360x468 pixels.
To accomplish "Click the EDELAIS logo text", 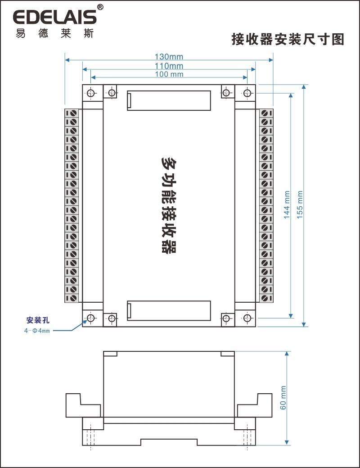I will pos(54,17).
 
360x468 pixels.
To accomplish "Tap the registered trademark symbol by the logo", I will pos(100,7).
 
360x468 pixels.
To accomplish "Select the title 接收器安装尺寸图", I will pos(288,39).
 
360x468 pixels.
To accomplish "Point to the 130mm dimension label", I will pos(169,57).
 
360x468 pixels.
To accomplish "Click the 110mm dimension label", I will pos(169,66).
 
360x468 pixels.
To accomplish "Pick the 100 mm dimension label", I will pos(169,74).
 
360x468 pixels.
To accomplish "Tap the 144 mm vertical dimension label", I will pos(287,205).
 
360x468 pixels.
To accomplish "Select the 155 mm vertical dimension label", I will pos(300,205).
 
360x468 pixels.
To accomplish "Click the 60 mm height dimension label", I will pos(283,397).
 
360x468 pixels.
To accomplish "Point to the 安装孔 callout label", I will pos(37,320).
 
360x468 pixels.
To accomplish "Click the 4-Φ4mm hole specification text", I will pos(37,331).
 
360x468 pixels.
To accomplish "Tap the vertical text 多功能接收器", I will pos(169,205).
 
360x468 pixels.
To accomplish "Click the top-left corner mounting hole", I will pos(90,93).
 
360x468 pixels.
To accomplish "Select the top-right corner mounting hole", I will pos(247,93).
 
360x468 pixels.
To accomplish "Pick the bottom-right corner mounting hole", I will pos(247,318).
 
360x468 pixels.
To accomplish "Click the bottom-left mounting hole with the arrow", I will pos(90,318).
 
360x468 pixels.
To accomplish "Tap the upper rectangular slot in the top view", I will pos(169,100).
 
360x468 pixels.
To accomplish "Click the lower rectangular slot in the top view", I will pos(169,311).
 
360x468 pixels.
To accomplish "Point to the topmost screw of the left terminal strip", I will pos(72,113).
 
